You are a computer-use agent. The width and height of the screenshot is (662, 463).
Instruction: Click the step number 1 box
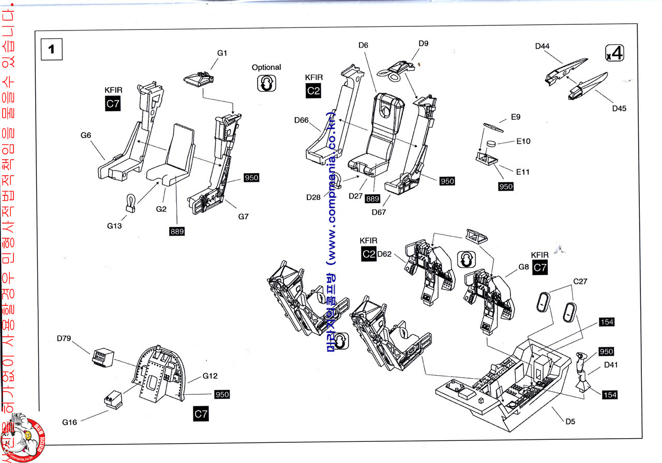[51, 50]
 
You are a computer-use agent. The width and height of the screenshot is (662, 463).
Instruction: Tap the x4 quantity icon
[614, 53]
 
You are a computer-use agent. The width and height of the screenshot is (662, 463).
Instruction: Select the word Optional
[266, 67]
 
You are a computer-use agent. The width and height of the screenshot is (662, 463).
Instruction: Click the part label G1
[222, 53]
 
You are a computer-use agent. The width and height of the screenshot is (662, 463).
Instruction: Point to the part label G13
[115, 225]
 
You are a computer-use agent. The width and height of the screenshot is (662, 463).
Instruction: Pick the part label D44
[542, 46]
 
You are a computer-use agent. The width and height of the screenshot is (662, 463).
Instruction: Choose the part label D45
[619, 108]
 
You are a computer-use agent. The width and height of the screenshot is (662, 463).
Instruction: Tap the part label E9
[515, 117]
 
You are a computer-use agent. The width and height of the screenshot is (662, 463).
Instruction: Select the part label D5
[570, 421]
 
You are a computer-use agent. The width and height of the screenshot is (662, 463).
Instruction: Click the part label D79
[64, 338]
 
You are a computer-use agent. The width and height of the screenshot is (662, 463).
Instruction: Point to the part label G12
[210, 376]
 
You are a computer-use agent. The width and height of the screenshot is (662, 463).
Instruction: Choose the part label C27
[580, 282]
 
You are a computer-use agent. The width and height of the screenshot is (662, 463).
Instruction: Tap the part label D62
[384, 254]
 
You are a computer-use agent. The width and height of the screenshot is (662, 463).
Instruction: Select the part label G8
[523, 267]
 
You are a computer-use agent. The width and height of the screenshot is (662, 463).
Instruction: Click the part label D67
[379, 211]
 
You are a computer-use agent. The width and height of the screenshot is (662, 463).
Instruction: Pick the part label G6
[86, 135]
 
